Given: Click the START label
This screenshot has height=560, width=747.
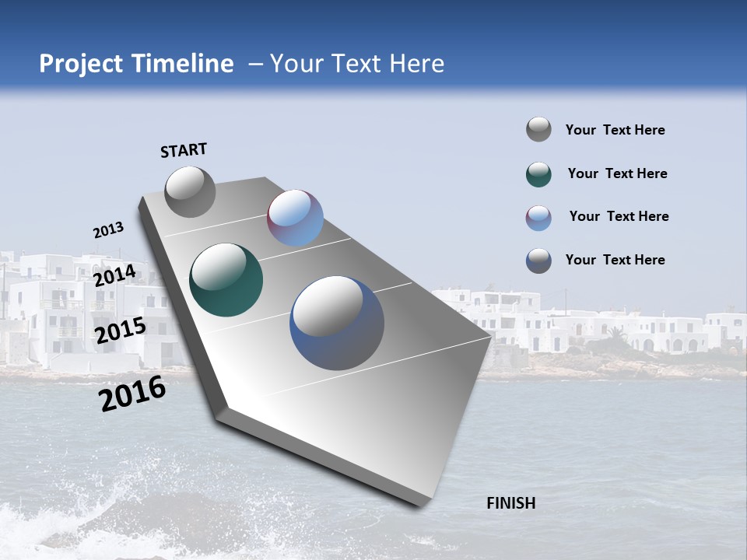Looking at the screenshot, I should [184, 150].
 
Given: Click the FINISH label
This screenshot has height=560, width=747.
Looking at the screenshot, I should [510, 503].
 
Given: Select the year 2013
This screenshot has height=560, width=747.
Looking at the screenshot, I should [108, 230].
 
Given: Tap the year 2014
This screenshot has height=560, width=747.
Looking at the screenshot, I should [114, 276].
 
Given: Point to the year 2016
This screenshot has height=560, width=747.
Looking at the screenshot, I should [132, 394].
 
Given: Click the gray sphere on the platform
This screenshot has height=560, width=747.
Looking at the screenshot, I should [190, 192].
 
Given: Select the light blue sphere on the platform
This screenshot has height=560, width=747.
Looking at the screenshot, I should [295, 218].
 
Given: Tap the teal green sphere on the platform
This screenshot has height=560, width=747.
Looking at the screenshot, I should [226, 280].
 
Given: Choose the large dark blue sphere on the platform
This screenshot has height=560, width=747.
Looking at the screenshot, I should [337, 323].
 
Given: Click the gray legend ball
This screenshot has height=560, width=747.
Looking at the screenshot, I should [538, 130].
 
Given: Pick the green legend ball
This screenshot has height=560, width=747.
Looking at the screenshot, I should [538, 174].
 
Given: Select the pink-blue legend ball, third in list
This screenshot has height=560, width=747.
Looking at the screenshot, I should [538, 218].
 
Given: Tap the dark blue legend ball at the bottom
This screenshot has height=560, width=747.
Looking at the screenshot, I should [538, 261].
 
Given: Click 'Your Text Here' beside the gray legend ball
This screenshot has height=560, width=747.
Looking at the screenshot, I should [615, 130].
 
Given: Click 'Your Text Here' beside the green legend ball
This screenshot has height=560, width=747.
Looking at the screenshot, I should [617, 173].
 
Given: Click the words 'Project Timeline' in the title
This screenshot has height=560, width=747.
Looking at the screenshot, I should [136, 64].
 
